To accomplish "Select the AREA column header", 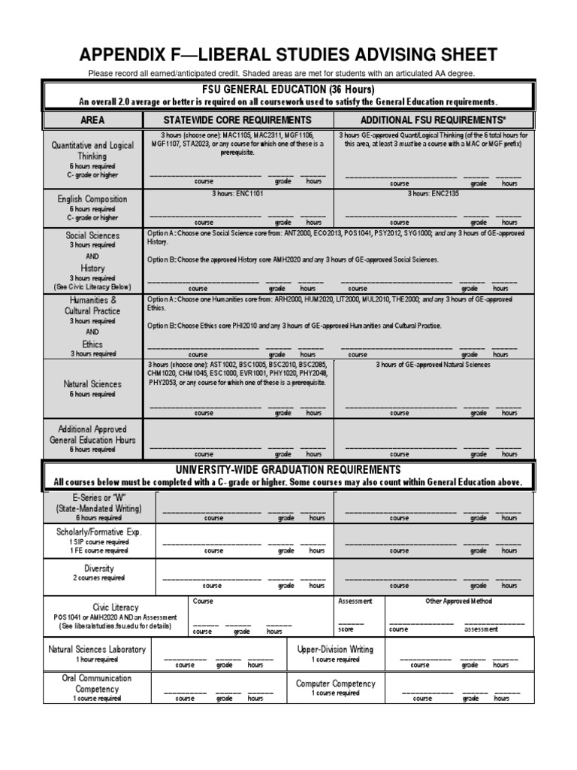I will [x=92, y=120].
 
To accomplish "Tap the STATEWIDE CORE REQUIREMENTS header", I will [x=237, y=120].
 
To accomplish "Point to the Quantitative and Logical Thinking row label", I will [x=92, y=150].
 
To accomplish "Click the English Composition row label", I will [x=92, y=199].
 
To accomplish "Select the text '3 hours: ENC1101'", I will [x=237, y=193].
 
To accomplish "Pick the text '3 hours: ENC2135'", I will [x=433, y=193].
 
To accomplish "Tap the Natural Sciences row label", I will [x=92, y=383].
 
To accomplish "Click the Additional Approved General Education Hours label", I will [x=92, y=434].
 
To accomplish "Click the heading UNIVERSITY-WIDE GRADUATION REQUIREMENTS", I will [x=288, y=470].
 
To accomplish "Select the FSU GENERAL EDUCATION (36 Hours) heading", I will [x=288, y=89].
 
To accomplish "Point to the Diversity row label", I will [x=98, y=568].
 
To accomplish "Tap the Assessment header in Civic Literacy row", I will [x=355, y=602].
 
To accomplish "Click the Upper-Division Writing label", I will [x=335, y=649].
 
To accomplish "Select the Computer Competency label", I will [x=335, y=684].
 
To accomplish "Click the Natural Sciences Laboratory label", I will [x=97, y=649].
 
